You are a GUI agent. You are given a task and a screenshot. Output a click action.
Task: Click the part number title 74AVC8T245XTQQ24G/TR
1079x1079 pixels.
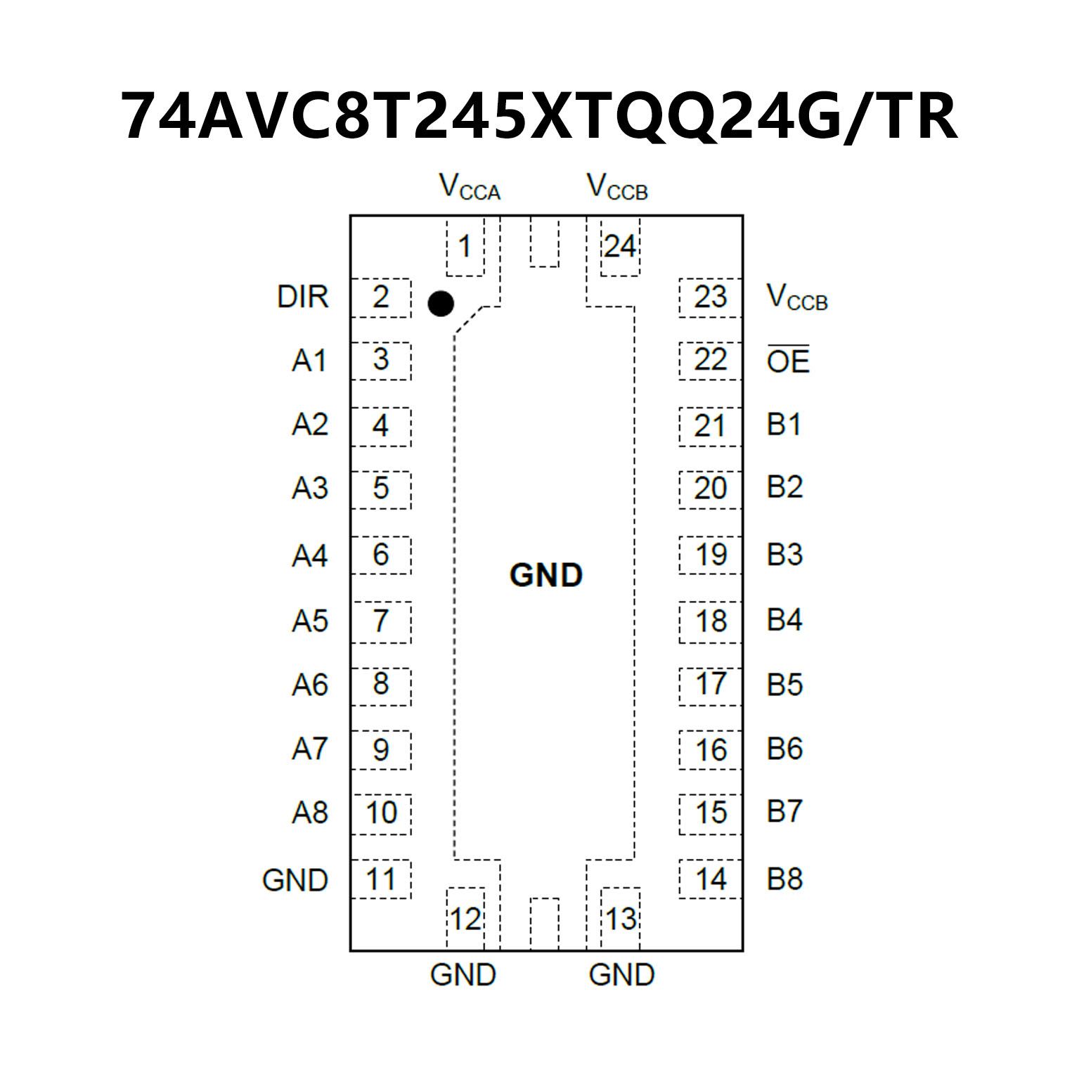[x=539, y=116]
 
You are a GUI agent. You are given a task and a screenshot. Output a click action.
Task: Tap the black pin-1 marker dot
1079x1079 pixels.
[x=441, y=304]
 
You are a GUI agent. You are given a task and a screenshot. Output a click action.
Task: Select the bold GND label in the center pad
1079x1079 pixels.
[x=546, y=575]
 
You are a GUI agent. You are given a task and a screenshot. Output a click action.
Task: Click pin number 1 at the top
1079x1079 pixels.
[x=464, y=247]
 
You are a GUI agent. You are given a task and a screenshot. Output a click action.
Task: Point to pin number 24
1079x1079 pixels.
[x=620, y=247]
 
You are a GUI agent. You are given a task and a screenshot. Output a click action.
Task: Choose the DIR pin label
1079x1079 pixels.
[x=302, y=297]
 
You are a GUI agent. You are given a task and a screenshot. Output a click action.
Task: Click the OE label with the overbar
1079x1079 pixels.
[x=788, y=361]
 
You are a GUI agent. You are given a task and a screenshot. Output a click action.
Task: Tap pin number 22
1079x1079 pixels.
[x=710, y=360]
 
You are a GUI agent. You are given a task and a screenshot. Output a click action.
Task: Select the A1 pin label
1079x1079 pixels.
[x=309, y=361]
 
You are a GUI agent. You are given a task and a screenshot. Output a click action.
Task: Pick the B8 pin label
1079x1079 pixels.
[x=784, y=879]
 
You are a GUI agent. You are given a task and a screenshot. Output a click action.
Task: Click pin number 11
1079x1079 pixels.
[x=381, y=879]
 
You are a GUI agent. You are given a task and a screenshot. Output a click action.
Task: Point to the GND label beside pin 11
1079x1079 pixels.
[x=295, y=880]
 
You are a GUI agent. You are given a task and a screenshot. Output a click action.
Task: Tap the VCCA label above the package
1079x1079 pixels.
[x=469, y=188]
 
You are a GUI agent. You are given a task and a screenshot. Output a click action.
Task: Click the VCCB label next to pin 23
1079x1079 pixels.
[x=797, y=297]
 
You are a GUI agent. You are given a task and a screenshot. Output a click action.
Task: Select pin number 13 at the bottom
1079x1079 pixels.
[x=621, y=919]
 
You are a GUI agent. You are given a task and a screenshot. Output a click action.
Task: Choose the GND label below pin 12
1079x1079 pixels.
[x=463, y=975]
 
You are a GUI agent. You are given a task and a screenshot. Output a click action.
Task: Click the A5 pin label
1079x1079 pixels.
[x=310, y=621]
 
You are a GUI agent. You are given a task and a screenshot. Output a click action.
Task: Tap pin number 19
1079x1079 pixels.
[x=711, y=555]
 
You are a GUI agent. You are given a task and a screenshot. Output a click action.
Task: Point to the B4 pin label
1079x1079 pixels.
[x=784, y=620]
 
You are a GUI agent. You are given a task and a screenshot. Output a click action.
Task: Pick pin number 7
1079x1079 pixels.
[x=381, y=621]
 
